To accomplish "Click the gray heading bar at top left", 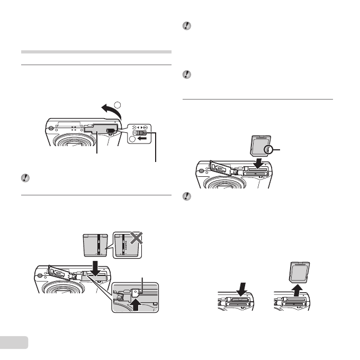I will (96, 52).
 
